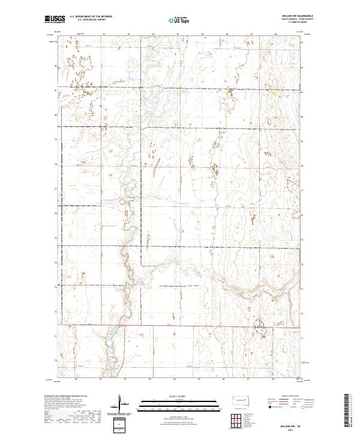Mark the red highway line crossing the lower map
[180, 326]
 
